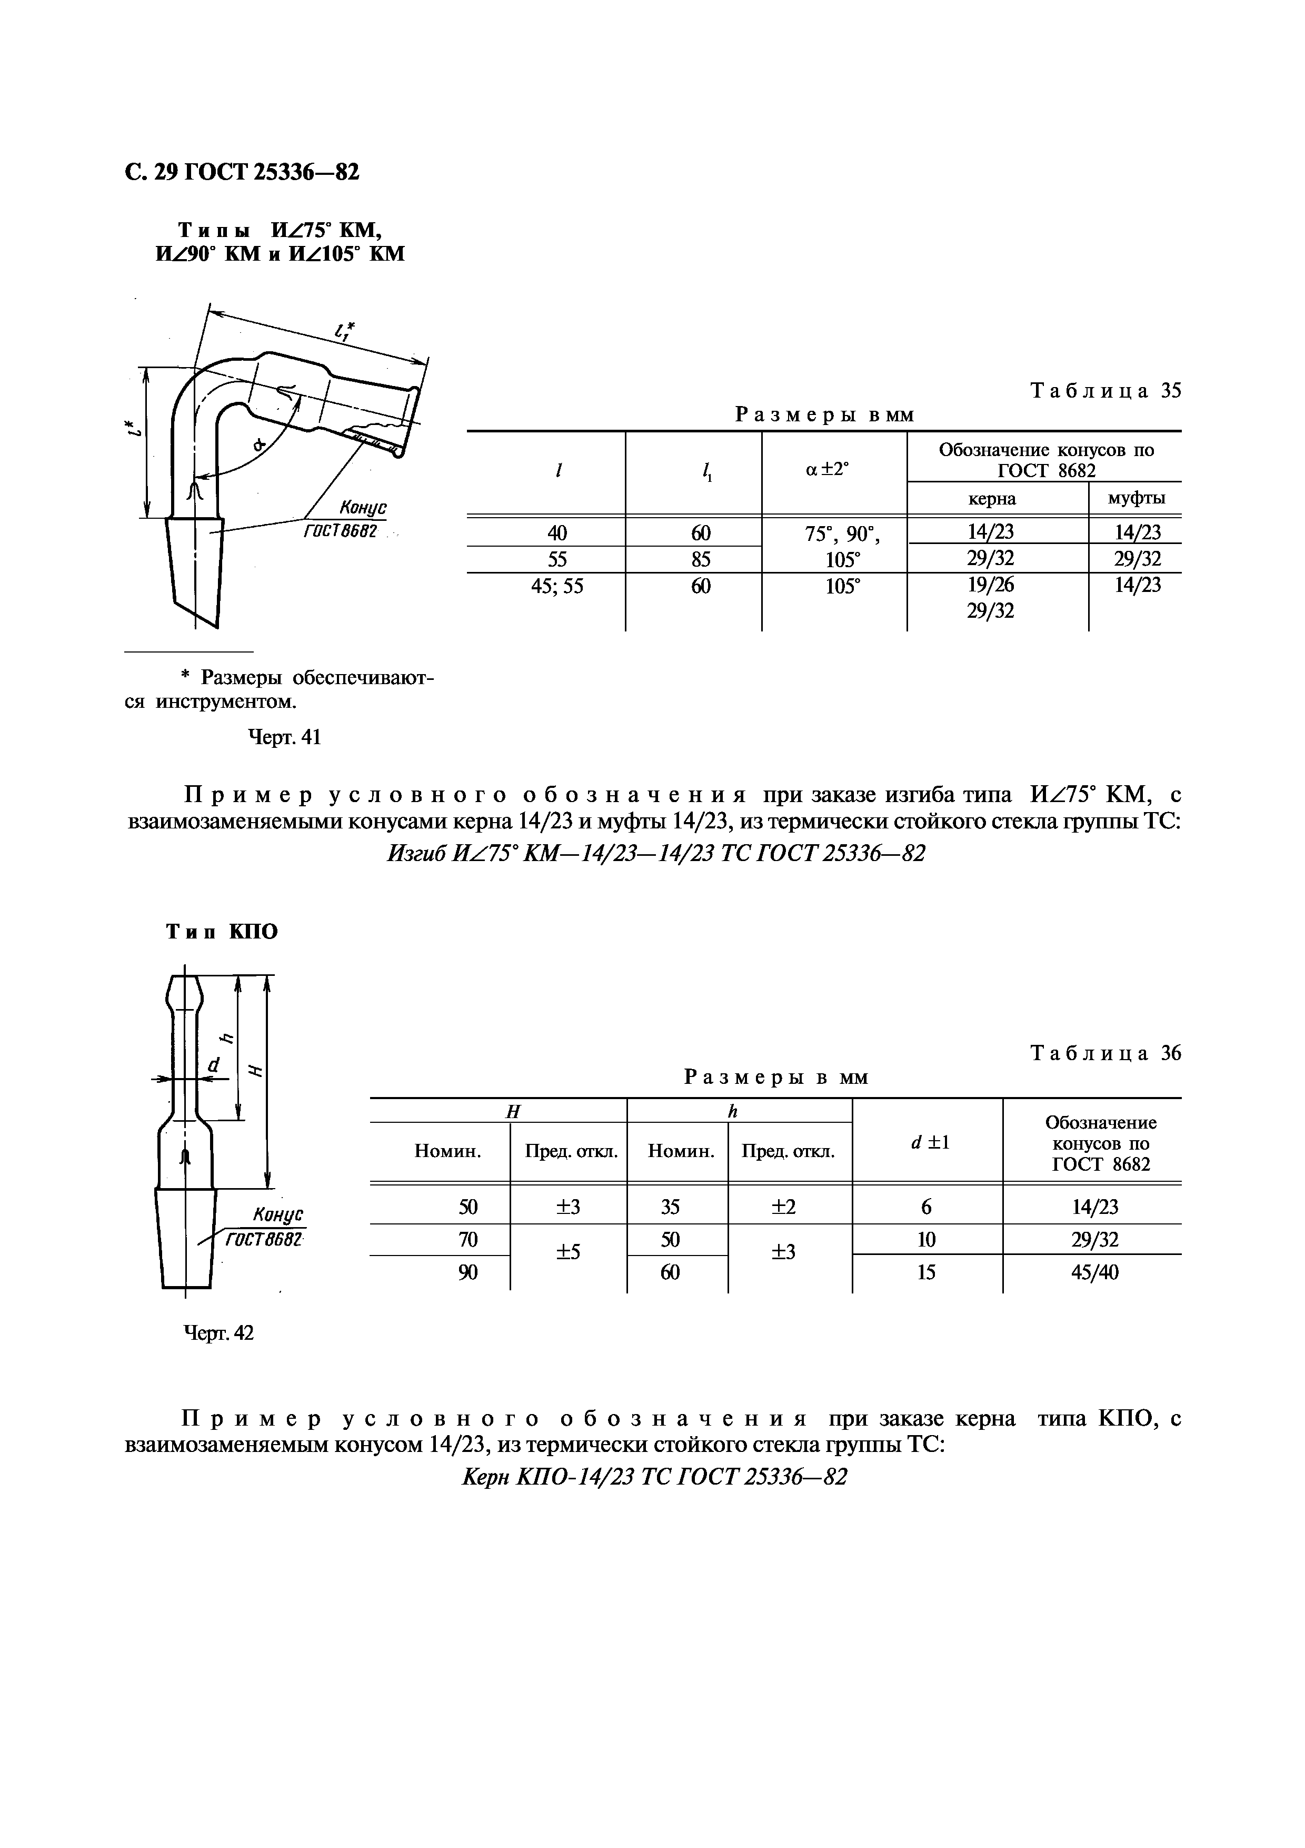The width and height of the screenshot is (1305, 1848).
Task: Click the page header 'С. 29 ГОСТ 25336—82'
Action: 242,172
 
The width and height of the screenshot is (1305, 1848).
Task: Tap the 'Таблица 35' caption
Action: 1105,391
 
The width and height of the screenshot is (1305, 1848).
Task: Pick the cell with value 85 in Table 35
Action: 700,559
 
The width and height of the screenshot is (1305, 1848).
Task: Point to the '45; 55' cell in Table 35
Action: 557,586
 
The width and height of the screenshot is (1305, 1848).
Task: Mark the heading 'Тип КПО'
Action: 221,932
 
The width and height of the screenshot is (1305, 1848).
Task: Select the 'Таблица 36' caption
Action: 1105,1054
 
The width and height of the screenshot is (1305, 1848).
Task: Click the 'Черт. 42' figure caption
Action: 219,1333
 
